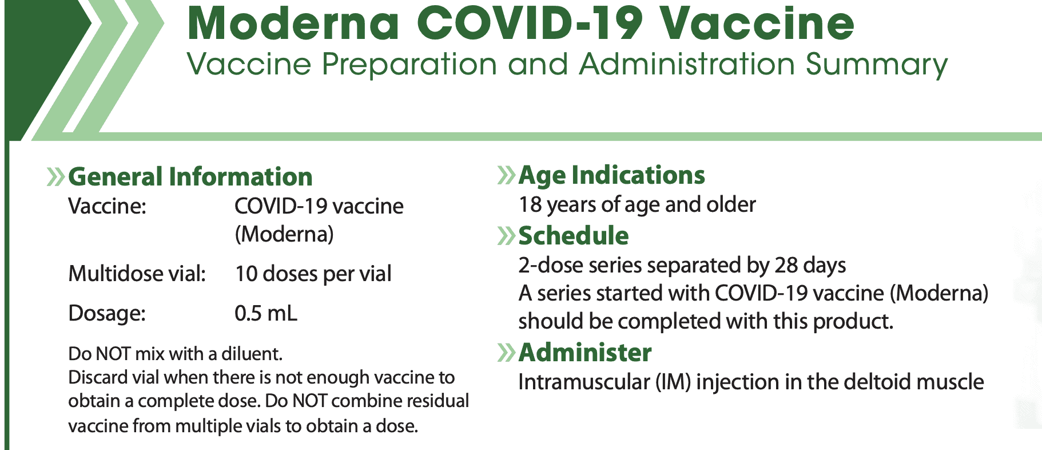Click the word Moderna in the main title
(x=293, y=23)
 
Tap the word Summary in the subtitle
(x=876, y=64)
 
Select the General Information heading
(x=190, y=176)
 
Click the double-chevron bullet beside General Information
(x=55, y=177)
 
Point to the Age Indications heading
(x=611, y=175)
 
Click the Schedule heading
(x=573, y=235)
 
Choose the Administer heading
(x=584, y=352)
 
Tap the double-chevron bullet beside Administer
(x=506, y=353)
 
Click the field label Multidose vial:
(x=137, y=274)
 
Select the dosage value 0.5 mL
(x=266, y=313)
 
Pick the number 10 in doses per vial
(x=246, y=274)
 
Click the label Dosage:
(x=107, y=314)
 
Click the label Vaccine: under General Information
(x=107, y=206)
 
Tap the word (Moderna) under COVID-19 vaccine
(x=284, y=234)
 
